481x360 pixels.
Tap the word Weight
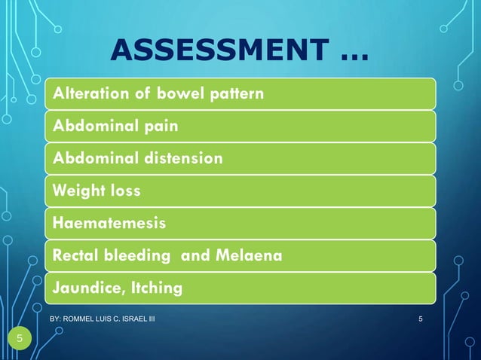point(75,191)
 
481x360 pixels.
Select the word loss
point(122,191)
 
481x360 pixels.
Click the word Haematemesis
point(109,224)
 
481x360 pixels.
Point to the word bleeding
point(136,257)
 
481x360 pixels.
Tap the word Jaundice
point(83,288)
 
